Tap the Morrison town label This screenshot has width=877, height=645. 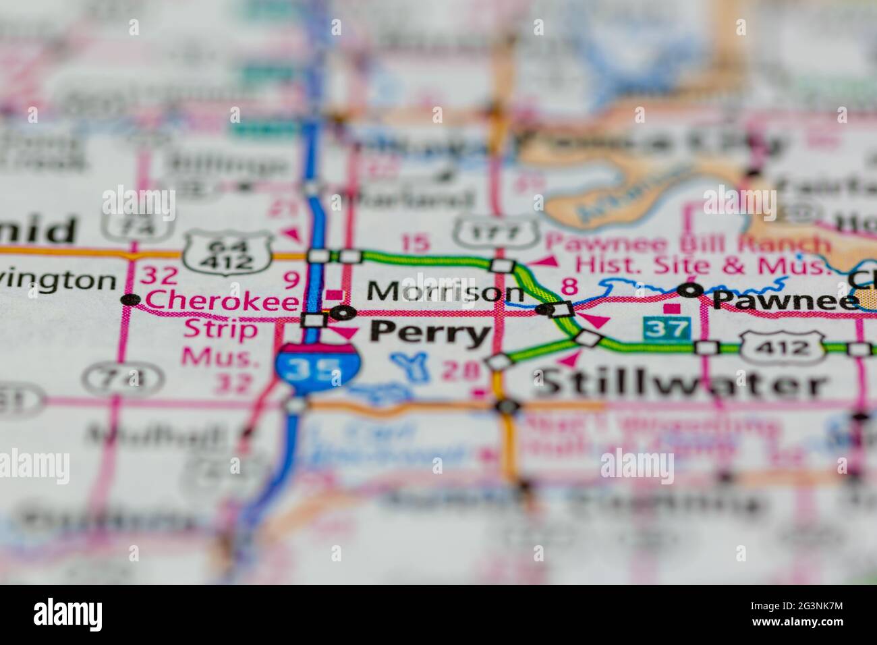pyautogui.click(x=446, y=292)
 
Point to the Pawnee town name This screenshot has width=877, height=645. pyautogui.click(x=783, y=299)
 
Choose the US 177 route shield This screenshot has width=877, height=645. pyautogui.click(x=496, y=231)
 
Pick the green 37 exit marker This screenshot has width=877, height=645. pyautogui.click(x=667, y=329)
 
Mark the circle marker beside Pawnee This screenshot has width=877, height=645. pyautogui.click(x=689, y=290)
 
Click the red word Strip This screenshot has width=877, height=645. pyautogui.click(x=211, y=330)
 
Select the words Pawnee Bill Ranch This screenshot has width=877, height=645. pyautogui.click(x=687, y=244)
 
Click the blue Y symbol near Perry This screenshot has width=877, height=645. pyautogui.click(x=409, y=365)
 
